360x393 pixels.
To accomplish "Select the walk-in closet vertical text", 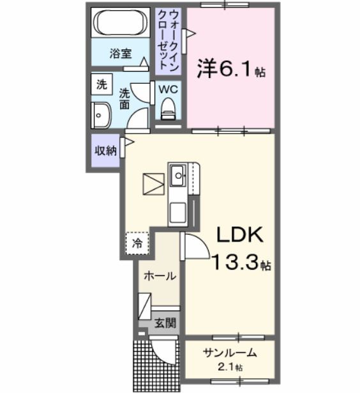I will (x=169, y=40).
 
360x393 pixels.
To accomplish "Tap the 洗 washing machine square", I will (x=101, y=84).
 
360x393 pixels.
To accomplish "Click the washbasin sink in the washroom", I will (x=101, y=116).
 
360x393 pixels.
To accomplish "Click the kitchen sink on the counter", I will (x=177, y=173).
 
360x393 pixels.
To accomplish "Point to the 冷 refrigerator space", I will (x=137, y=242).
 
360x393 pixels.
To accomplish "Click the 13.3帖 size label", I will (x=241, y=263).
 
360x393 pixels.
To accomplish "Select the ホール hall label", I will (x=160, y=277).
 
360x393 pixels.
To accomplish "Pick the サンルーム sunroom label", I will (x=230, y=353).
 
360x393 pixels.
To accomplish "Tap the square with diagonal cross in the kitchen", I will (x=153, y=183).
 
